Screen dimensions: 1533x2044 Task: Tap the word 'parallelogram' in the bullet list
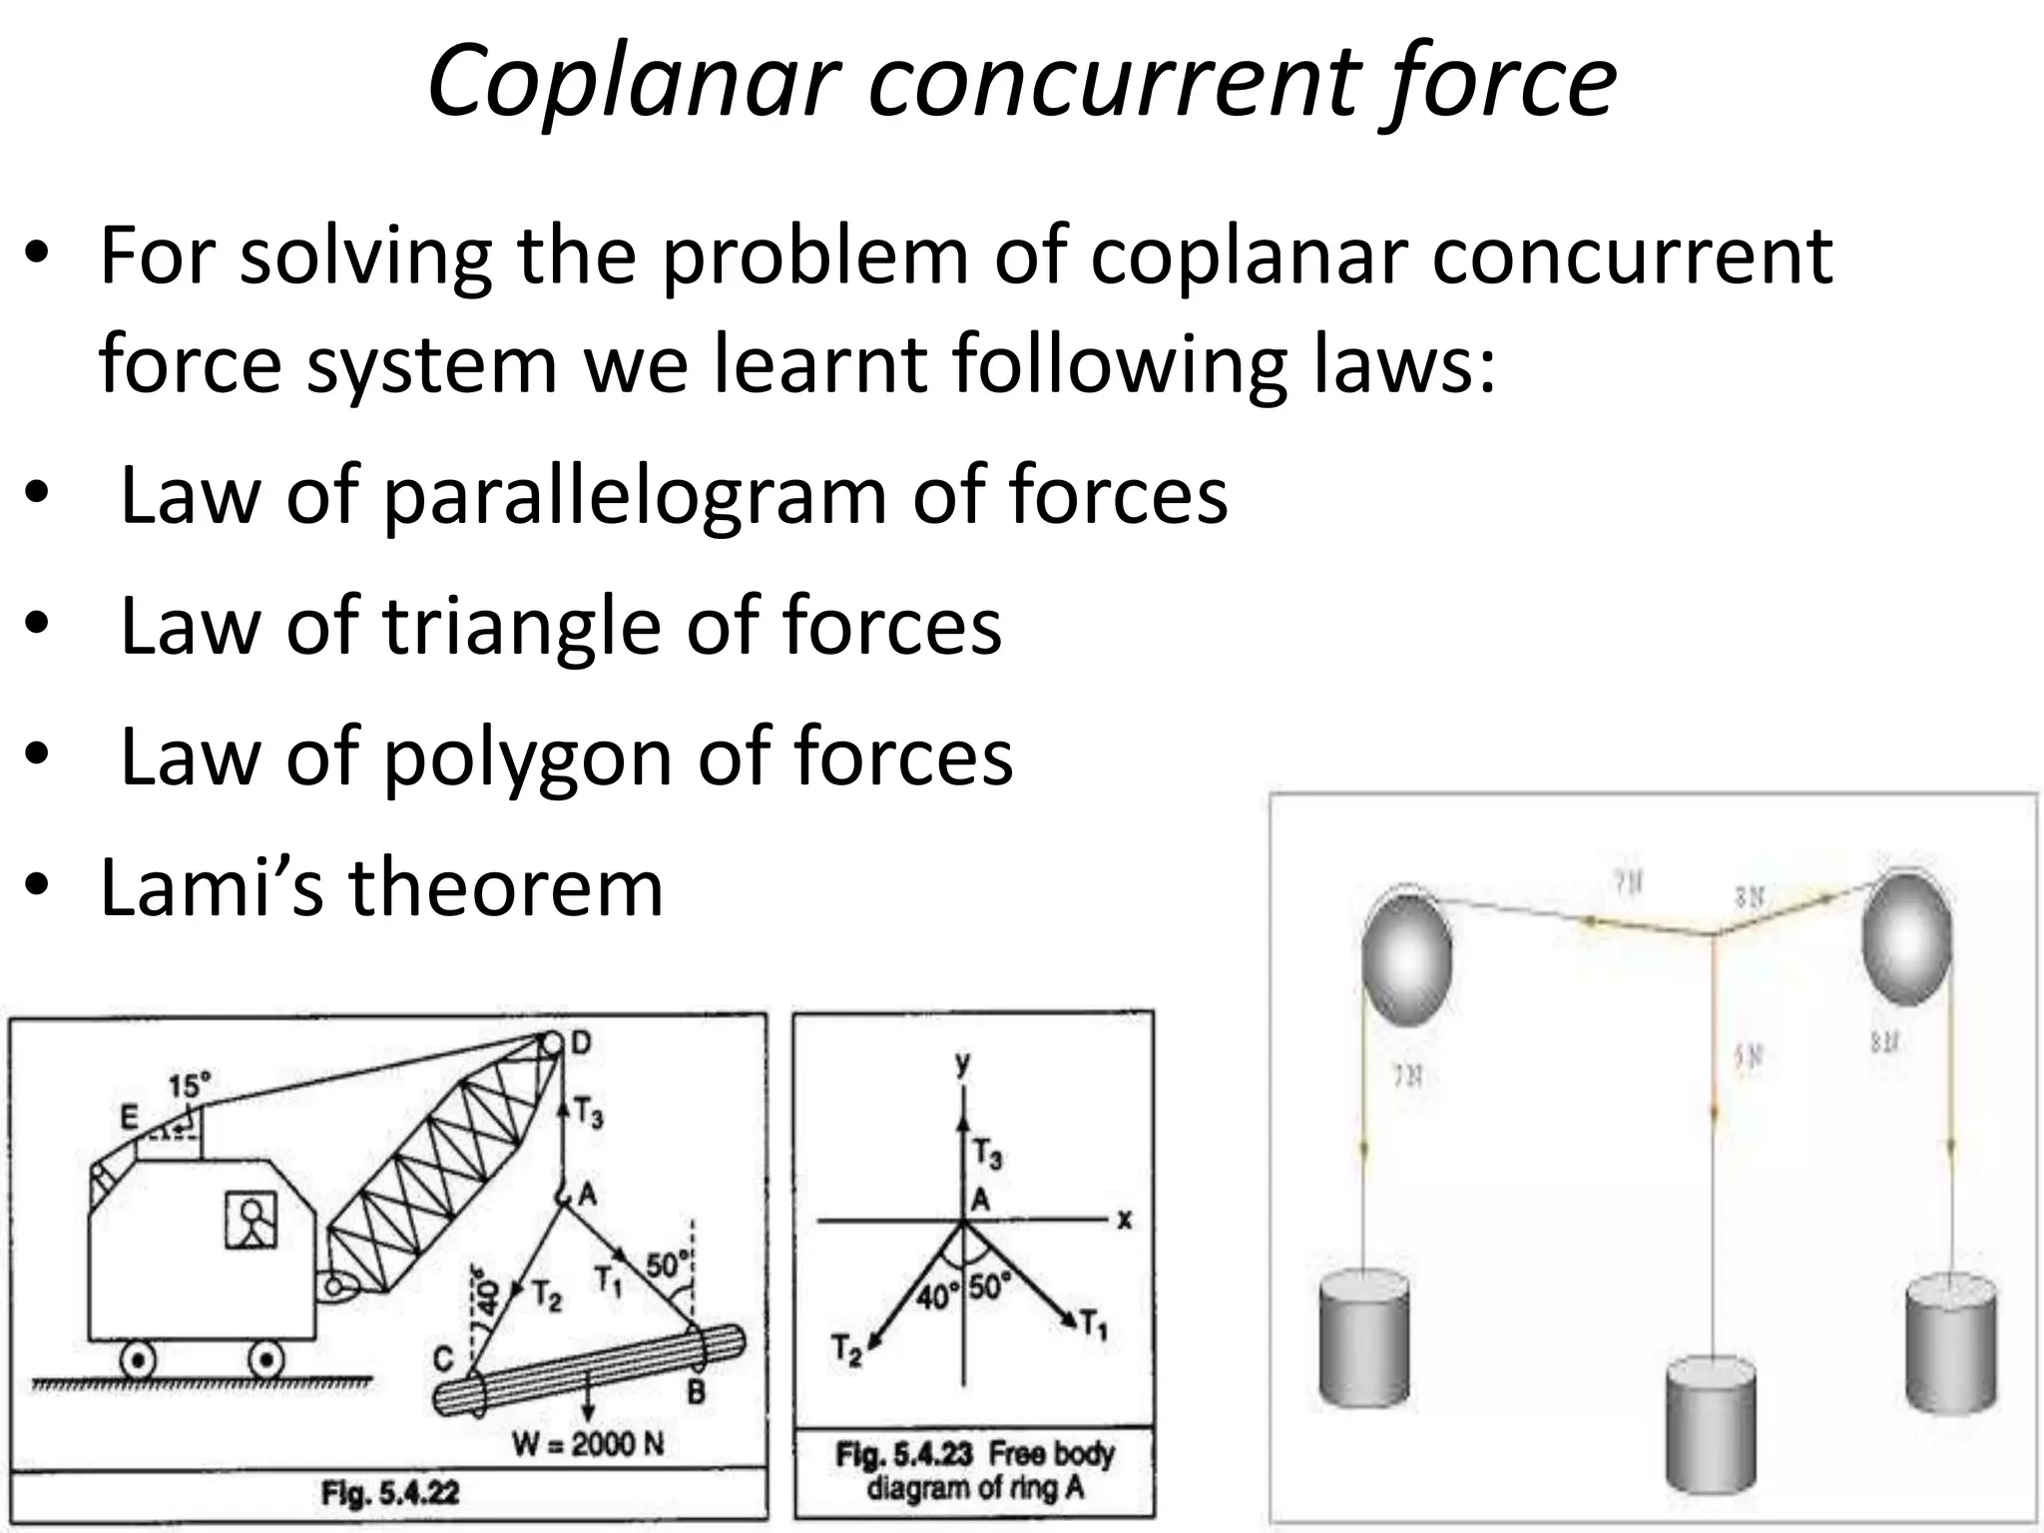click(x=635, y=496)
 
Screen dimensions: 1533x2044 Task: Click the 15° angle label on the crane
click(x=190, y=1085)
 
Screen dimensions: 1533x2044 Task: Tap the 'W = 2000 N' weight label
click(x=588, y=1443)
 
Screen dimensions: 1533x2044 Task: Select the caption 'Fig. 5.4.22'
click(x=390, y=1494)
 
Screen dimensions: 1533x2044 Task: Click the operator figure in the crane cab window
click(x=251, y=1220)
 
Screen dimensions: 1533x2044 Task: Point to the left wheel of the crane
click(x=138, y=1359)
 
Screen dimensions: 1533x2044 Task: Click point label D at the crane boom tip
click(x=581, y=1044)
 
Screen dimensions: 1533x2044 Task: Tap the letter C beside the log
click(x=443, y=1357)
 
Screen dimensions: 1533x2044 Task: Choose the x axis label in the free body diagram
click(x=1125, y=1220)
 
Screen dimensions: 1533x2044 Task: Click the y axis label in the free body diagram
click(x=961, y=1064)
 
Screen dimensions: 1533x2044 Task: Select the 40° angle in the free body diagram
click(x=936, y=1295)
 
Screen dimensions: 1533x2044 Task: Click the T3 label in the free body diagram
click(x=987, y=1156)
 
